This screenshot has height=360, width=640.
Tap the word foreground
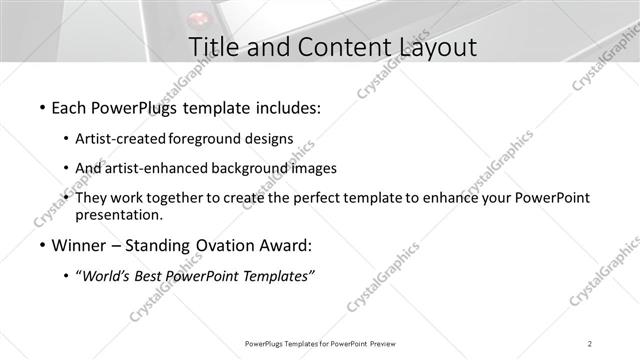pos(208,138)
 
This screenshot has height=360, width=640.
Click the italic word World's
pos(107,276)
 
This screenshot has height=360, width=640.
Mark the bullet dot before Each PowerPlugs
pos(40,106)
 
